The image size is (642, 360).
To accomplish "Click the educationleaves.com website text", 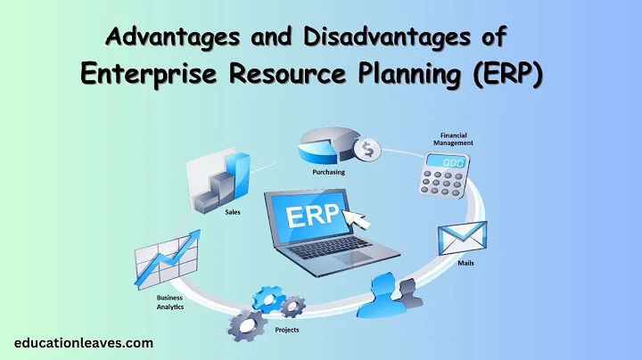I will tap(85, 342).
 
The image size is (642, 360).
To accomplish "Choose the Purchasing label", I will tap(323, 174).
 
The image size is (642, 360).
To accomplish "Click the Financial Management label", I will tap(453, 138).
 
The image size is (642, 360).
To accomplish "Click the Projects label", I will tap(288, 331).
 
